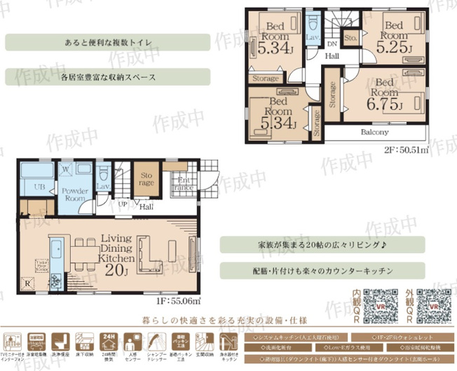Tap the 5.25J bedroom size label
click(393, 48)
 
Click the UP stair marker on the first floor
click(123, 204)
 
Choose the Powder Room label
click(74, 194)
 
